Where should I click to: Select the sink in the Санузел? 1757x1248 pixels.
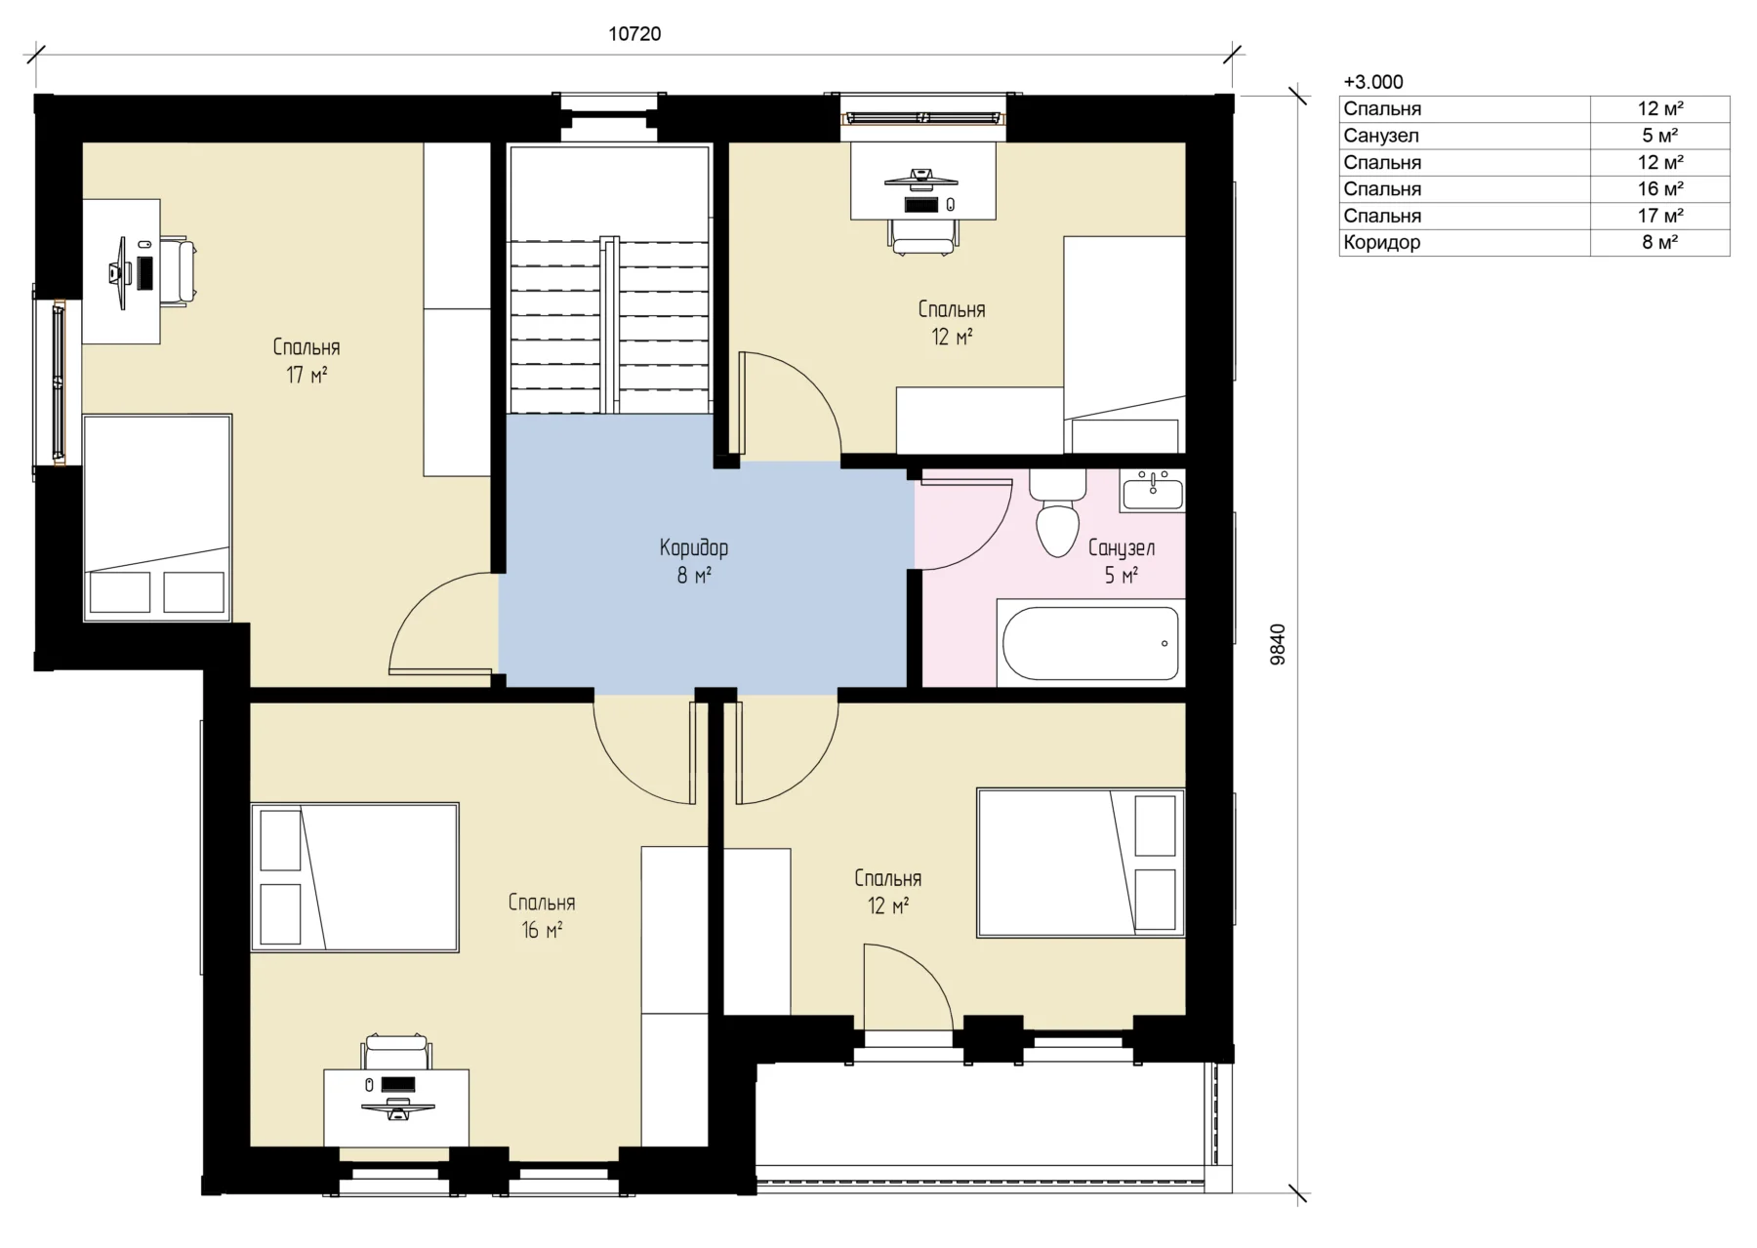(1153, 490)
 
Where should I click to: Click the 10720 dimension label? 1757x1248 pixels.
(634, 34)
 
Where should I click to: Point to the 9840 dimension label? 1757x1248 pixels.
(1278, 644)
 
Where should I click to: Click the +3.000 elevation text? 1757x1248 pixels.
(1373, 82)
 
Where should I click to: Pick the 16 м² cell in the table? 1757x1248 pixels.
(1659, 189)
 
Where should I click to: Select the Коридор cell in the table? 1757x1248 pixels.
(1465, 243)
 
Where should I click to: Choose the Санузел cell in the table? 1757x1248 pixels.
(1465, 136)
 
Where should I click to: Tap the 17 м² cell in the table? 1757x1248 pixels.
(1659, 216)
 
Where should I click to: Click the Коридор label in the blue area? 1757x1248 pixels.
(694, 547)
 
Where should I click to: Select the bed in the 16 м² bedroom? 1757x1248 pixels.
(354, 877)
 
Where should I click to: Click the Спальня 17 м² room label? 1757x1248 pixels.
(306, 361)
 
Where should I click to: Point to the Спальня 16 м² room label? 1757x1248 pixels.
(542, 916)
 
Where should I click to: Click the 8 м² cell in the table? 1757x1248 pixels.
(1659, 243)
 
